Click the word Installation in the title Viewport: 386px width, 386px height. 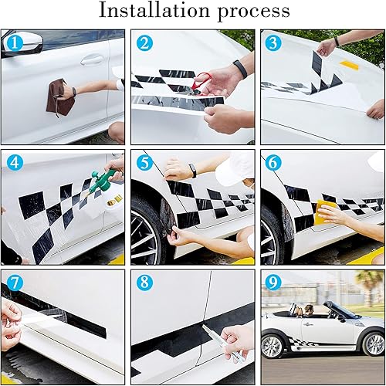pyautogui.click(x=147, y=12)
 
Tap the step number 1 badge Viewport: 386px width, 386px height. pyautogui.click(x=13, y=44)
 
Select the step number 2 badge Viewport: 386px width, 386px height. pyautogui.click(x=144, y=44)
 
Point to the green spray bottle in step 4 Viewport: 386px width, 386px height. pyautogui.click(x=98, y=185)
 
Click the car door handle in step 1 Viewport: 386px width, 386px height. pyautogui.click(x=92, y=59)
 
